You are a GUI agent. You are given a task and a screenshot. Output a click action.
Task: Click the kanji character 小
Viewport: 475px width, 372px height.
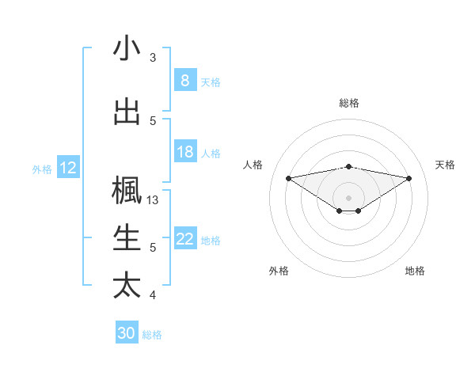pyautogui.click(x=127, y=49)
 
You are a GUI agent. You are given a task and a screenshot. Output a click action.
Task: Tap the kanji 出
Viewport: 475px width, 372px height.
pyautogui.click(x=127, y=112)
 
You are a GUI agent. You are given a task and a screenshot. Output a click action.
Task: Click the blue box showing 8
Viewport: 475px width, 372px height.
pyautogui.click(x=184, y=81)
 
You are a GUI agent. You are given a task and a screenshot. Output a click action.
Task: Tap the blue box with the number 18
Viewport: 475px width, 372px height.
pyautogui.click(x=184, y=152)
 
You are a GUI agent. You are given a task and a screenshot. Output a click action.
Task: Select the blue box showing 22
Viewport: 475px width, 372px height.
pyautogui.click(x=184, y=239)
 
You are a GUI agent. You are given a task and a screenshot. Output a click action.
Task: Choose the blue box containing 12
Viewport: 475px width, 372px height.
pyautogui.click(x=68, y=168)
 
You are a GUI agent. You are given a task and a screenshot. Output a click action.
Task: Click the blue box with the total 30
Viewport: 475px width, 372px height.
pyautogui.click(x=126, y=333)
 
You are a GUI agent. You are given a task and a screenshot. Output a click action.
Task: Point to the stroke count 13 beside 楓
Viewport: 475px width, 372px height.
pyautogui.click(x=154, y=200)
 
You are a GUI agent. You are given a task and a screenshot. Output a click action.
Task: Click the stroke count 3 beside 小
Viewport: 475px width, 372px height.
pyautogui.click(x=153, y=58)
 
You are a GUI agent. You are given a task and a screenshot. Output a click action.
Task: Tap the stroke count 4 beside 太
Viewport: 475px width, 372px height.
pyautogui.click(x=153, y=295)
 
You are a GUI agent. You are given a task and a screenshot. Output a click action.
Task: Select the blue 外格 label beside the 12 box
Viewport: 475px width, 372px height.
pyautogui.click(x=42, y=169)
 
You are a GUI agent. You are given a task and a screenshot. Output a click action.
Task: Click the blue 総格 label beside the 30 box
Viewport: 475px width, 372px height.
pyautogui.click(x=152, y=334)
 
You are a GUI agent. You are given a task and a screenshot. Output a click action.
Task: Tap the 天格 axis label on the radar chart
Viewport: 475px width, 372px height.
pyautogui.click(x=445, y=165)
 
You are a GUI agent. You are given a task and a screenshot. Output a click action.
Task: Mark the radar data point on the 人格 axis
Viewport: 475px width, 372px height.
pyautogui.click(x=288, y=177)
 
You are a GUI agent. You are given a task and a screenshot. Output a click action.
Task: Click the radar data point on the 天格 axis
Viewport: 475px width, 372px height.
pyautogui.click(x=408, y=178)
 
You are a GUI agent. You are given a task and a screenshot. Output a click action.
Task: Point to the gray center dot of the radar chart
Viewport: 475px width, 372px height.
pyautogui.click(x=348, y=196)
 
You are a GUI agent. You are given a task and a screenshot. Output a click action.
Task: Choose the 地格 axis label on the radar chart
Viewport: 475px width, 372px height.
pyautogui.click(x=415, y=271)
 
